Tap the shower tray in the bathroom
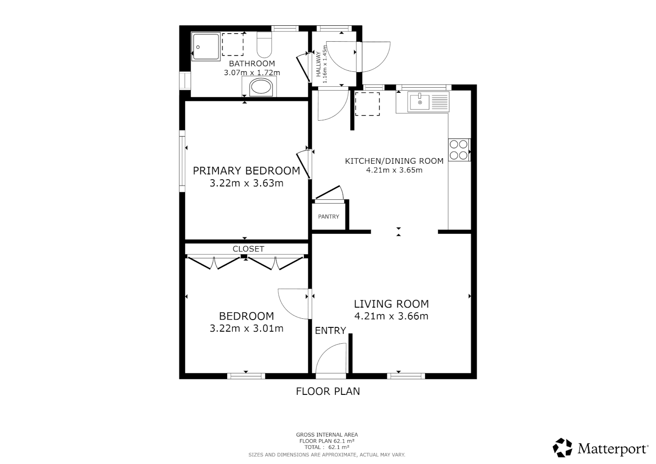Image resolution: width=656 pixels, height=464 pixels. (206, 46)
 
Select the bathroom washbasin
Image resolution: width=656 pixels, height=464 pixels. (261, 88)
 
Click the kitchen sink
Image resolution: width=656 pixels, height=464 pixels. (419, 102)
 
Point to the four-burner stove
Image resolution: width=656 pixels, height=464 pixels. (459, 150)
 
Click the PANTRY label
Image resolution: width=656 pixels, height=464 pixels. (328, 217)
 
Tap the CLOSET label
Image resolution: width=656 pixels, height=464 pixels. (248, 249)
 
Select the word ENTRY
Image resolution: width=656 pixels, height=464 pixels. (330, 330)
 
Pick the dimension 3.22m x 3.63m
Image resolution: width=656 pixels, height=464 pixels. (246, 183)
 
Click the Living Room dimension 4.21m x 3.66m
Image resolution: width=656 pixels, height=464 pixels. (391, 317)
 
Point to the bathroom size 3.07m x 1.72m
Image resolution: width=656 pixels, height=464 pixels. (252, 73)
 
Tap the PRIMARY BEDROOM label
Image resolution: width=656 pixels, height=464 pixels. (246, 171)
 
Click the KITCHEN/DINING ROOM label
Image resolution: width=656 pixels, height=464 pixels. (394, 161)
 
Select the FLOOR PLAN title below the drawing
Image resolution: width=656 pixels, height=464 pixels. (328, 391)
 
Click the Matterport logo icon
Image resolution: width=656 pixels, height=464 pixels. (562, 448)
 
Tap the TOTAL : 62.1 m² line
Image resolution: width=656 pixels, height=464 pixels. (327, 447)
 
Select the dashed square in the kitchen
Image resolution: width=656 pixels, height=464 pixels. (367, 104)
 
